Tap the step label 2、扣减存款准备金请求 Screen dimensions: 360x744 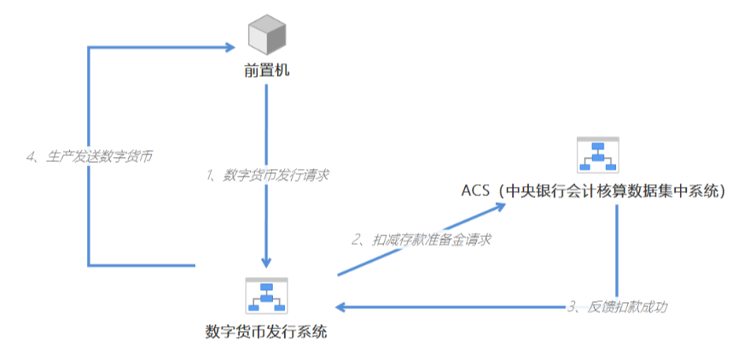pyautogui.click(x=421, y=240)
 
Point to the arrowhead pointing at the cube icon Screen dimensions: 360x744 pyautogui.click(x=229, y=48)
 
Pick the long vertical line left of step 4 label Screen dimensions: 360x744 pyautogui.click(x=89, y=205)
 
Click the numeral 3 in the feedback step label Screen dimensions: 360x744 pyautogui.click(x=572, y=305)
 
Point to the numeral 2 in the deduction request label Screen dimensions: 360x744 pyautogui.click(x=356, y=240)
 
